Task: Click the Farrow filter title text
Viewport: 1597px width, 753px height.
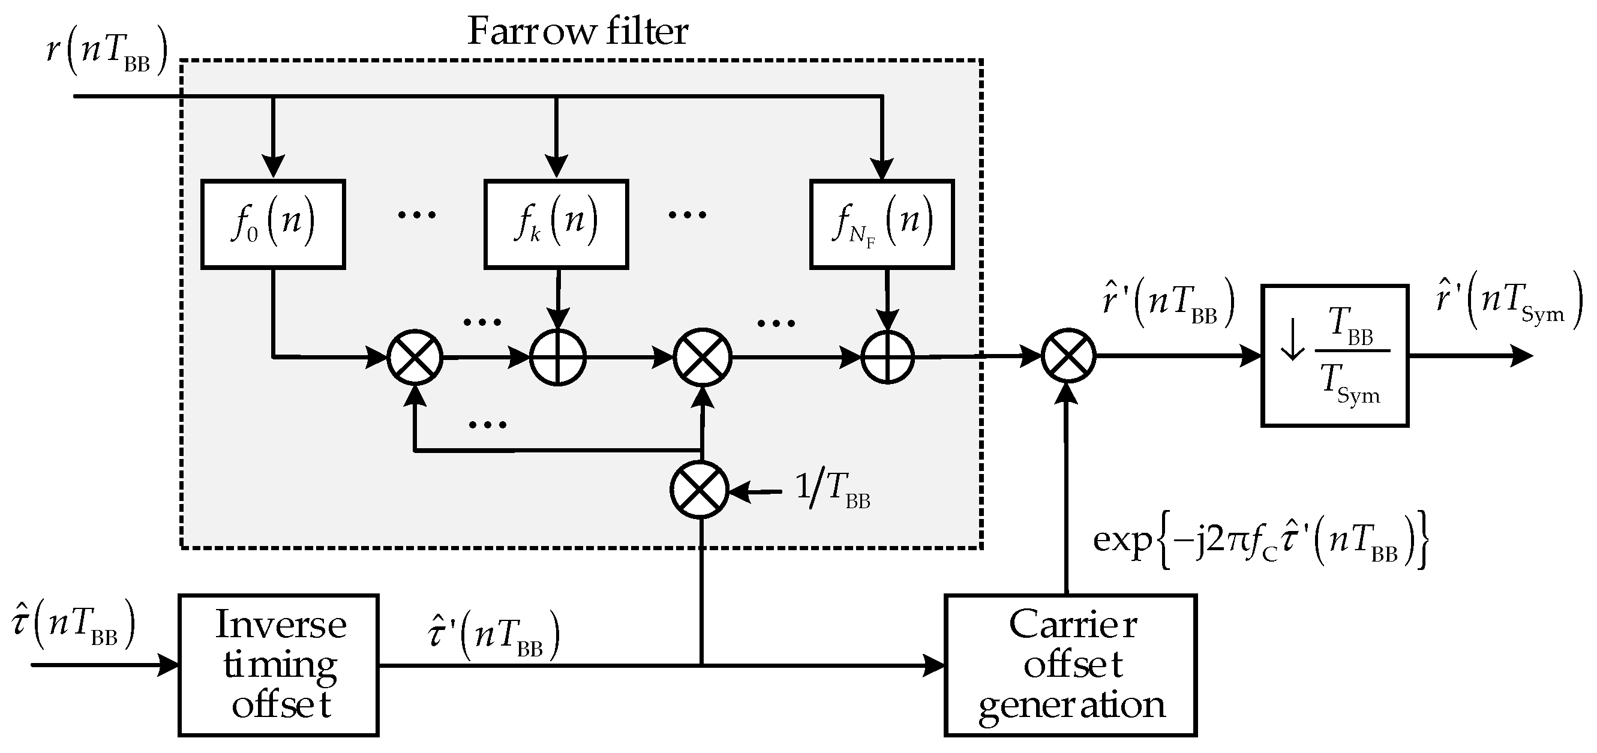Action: coord(577,31)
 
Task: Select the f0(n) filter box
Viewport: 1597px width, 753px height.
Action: coord(273,224)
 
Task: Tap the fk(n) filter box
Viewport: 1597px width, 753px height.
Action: coord(556,224)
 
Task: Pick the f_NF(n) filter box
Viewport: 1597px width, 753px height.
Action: coord(881,224)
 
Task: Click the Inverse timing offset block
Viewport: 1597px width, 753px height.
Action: coord(278,665)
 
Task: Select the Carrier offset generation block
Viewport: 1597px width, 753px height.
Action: coord(1070,665)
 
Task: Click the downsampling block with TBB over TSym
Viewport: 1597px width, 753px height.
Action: coord(1335,355)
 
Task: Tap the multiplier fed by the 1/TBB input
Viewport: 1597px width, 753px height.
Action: coord(700,490)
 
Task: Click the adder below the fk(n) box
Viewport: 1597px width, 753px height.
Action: coord(557,357)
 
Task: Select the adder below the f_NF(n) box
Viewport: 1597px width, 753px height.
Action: coord(888,357)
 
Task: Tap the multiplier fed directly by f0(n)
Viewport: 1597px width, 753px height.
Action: coord(415,357)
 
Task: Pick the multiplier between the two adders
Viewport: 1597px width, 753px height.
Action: coord(703,357)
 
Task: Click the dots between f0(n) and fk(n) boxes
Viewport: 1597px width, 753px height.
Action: coord(416,215)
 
